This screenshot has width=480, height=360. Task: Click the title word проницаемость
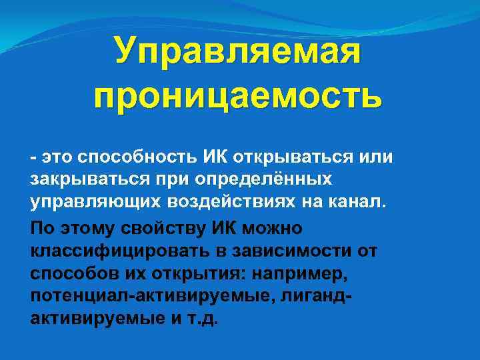point(238,97)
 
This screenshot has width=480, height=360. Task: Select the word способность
point(136,157)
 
